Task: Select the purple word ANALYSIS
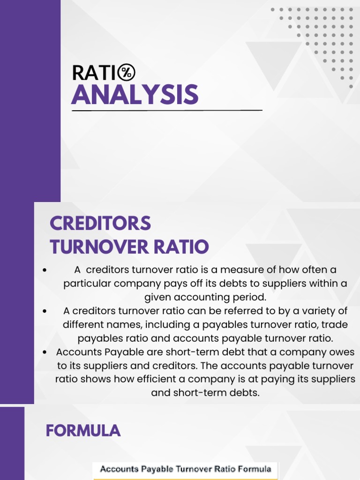tap(135, 95)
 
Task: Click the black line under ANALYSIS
tap(167, 111)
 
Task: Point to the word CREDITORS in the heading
tap(100, 223)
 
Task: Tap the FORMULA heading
tap(83, 430)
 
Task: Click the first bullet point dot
tap(44, 270)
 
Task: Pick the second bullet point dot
tap(44, 311)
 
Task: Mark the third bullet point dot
tap(44, 352)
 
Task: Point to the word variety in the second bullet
tap(312, 311)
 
